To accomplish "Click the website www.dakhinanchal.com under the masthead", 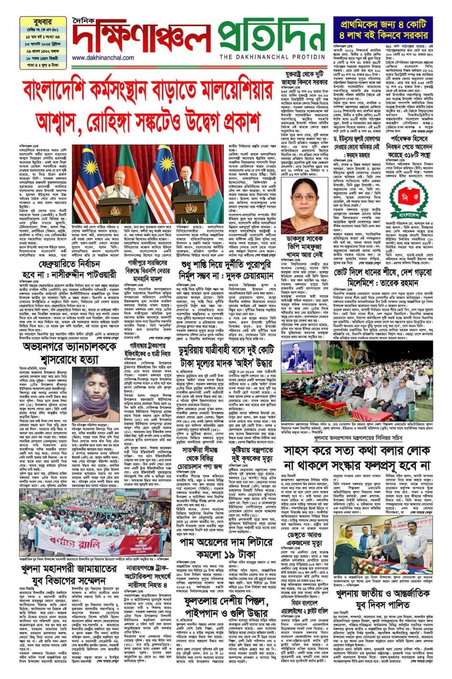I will point(103,58).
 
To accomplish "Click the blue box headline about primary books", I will point(382,29).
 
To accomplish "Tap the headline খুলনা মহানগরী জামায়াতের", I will point(68,574).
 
